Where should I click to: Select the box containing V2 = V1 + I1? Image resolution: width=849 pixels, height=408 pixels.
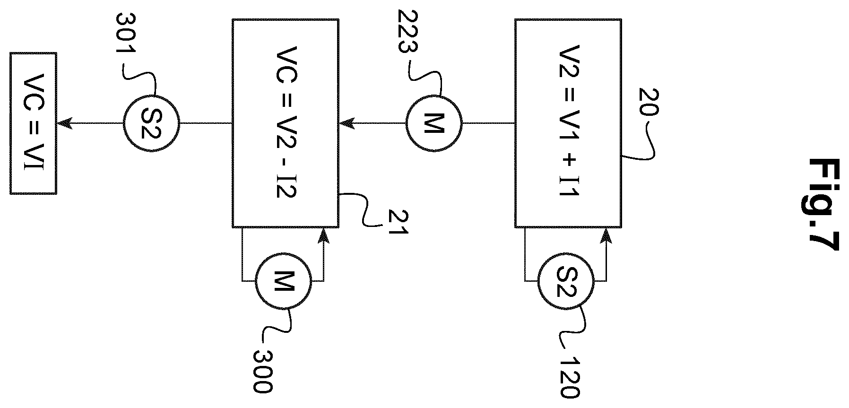[x=568, y=123]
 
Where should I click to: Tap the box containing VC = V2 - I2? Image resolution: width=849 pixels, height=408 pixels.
[x=285, y=123]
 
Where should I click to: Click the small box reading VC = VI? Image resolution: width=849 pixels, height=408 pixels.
[x=34, y=123]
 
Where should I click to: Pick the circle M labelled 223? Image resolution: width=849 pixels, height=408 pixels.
[x=434, y=123]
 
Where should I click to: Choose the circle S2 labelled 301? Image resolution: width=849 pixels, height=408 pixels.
[x=151, y=123]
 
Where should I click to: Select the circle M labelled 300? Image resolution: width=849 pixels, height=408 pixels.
[x=284, y=282]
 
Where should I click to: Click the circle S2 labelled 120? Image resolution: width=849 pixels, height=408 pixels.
[x=566, y=282]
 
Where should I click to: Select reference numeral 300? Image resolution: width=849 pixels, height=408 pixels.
[x=262, y=372]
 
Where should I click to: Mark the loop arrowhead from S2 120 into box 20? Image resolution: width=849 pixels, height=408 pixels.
[x=606, y=235]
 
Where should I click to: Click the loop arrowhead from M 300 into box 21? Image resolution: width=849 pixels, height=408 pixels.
[x=323, y=235]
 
